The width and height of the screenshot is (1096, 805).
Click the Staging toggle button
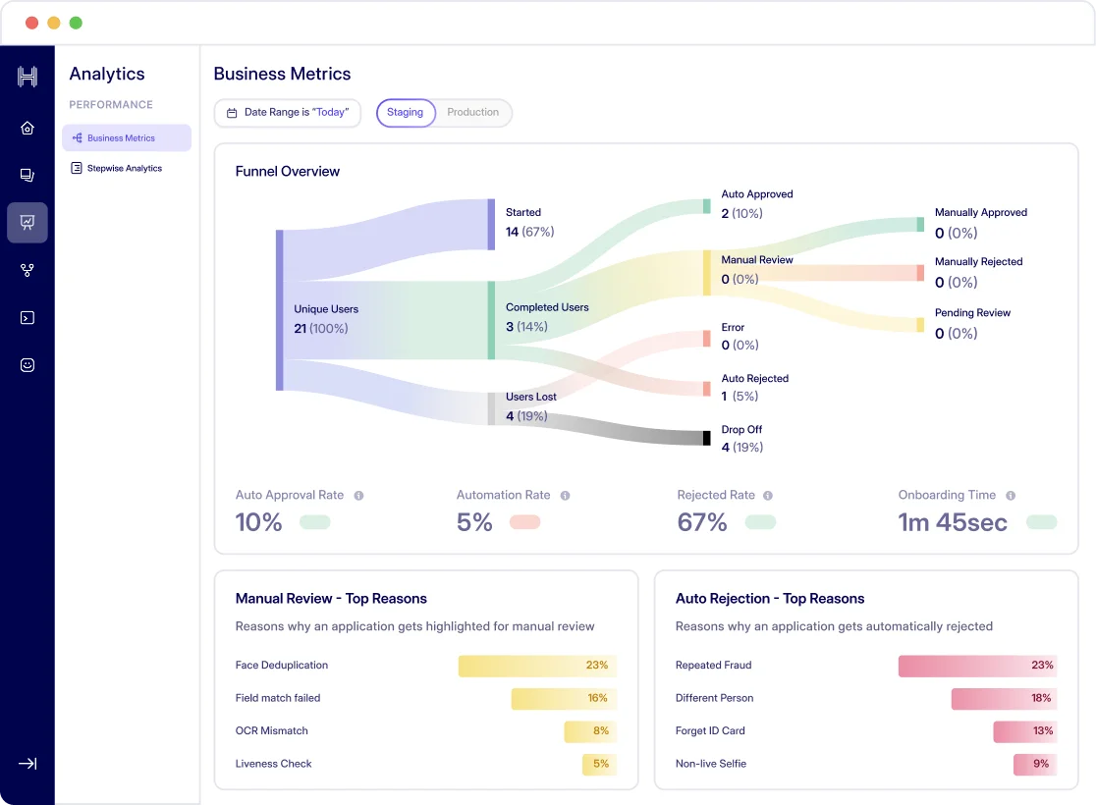tap(405, 113)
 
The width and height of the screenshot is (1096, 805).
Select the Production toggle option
tap(472, 113)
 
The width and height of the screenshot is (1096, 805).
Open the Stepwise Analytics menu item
tap(124, 169)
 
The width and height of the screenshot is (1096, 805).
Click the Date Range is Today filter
tap(288, 113)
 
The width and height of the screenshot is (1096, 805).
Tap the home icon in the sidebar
tap(27, 128)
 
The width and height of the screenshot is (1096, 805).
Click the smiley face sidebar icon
tap(27, 365)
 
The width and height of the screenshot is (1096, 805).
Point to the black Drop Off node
tap(706, 438)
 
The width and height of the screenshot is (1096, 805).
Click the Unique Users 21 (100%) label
tap(326, 319)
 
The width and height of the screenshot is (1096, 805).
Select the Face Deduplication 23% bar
tap(537, 666)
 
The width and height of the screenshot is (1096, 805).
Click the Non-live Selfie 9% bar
tap(1035, 764)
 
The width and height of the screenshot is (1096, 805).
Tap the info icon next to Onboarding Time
tap(1011, 496)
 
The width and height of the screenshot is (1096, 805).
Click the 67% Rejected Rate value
tap(702, 522)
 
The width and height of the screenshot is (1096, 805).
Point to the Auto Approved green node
tap(706, 206)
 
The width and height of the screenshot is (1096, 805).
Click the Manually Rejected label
tap(978, 262)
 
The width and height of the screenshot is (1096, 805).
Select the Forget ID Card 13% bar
tap(1024, 731)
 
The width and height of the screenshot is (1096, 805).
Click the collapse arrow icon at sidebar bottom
tap(27, 764)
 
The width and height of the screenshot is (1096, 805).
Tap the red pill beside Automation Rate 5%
tap(524, 522)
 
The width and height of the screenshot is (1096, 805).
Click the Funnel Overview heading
tap(288, 172)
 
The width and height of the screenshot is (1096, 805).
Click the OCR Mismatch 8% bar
tap(589, 731)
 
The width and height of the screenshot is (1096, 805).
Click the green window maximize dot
tap(76, 23)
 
